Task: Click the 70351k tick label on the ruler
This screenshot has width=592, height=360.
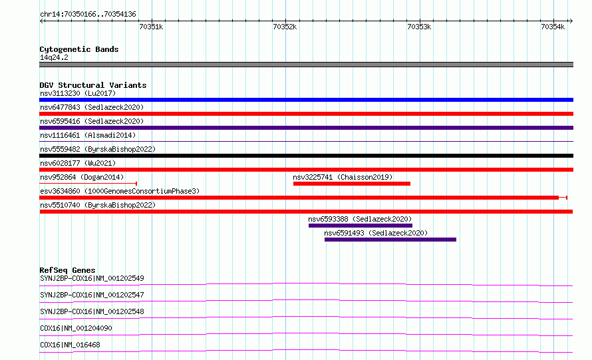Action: (x=151, y=27)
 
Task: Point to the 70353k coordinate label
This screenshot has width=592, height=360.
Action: (x=419, y=27)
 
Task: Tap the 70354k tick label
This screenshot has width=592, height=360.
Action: (x=553, y=27)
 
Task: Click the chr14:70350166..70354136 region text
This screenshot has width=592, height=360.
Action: (x=88, y=15)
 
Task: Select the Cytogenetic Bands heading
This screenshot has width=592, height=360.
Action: (x=79, y=49)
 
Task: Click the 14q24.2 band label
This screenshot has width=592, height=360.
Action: (x=54, y=57)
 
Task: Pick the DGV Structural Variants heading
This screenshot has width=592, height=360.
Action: (x=93, y=85)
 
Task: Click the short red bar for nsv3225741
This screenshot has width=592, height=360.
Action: (x=351, y=184)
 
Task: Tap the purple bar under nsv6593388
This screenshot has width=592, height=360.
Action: (x=360, y=226)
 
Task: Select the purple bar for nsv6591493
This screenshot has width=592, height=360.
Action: (x=390, y=240)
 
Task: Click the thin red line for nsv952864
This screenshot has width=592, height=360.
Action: (x=88, y=184)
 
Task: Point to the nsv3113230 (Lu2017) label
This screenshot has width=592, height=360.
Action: (x=78, y=93)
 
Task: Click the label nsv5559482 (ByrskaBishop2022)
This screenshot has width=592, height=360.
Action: (x=98, y=149)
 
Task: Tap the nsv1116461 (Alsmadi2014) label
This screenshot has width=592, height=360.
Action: (x=88, y=135)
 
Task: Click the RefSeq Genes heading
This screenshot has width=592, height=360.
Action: (x=67, y=270)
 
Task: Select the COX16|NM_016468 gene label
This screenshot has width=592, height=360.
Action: (x=70, y=345)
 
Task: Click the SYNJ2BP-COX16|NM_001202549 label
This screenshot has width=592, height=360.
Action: (x=92, y=278)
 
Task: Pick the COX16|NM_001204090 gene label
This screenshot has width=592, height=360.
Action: (x=76, y=328)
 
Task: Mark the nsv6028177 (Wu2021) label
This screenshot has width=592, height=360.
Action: (x=78, y=163)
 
